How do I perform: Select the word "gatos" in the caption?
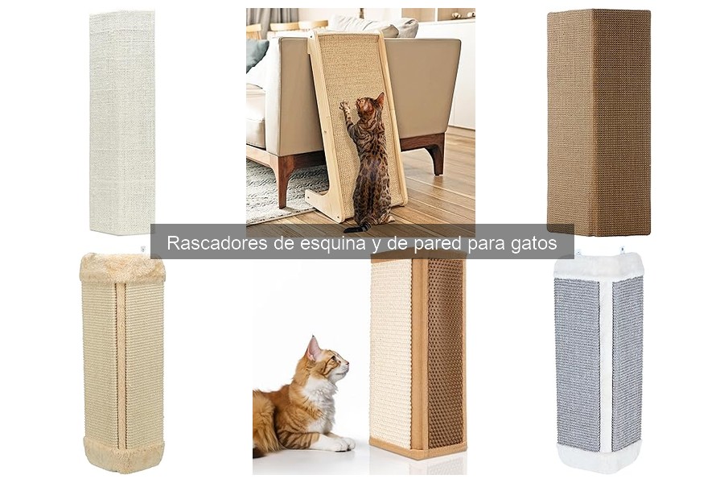coord(533,244)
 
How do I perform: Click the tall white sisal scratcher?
coord(121,121)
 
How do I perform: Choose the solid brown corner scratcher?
coord(599,121)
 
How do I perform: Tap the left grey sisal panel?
coord(577,362)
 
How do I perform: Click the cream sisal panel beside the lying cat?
coord(391,354)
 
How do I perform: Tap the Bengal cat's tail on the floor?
coord(359,228)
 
